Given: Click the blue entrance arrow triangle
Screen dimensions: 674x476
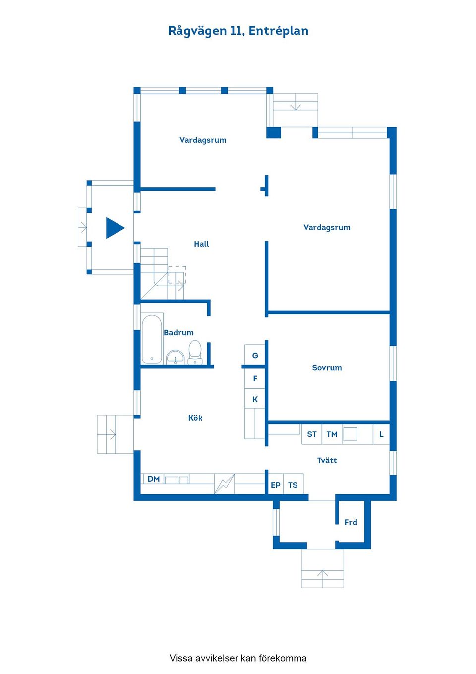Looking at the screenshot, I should coord(115,228).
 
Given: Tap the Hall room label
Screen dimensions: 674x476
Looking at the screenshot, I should coord(201,244).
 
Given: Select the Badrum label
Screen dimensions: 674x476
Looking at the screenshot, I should coord(178,332).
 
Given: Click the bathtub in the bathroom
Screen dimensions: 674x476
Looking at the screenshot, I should coord(152,339).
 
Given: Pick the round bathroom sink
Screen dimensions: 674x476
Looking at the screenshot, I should coord(175,357).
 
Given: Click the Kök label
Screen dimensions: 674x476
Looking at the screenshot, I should coord(195,418).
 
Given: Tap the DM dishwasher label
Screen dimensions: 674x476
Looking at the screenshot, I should coord(154,479).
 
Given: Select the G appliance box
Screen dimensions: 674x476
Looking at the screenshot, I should coord(255,355).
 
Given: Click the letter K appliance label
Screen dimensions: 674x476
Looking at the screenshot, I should coord(255,399).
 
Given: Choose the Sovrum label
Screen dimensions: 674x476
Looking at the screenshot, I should coord(327,368).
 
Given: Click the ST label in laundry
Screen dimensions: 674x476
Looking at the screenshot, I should coord(312,434).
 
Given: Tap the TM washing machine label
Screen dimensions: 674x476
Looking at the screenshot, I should coord(332,434).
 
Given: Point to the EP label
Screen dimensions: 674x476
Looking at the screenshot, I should coord(275,485).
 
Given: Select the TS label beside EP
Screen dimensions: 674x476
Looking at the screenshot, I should coord(293,485).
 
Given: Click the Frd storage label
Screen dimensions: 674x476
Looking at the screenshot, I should coord(351,522).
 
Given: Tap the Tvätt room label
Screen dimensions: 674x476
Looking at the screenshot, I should coord(327,460).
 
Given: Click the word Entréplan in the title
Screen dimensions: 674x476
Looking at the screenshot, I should coord(278,31).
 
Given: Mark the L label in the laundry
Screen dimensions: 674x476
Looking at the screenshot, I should coord(381,434).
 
